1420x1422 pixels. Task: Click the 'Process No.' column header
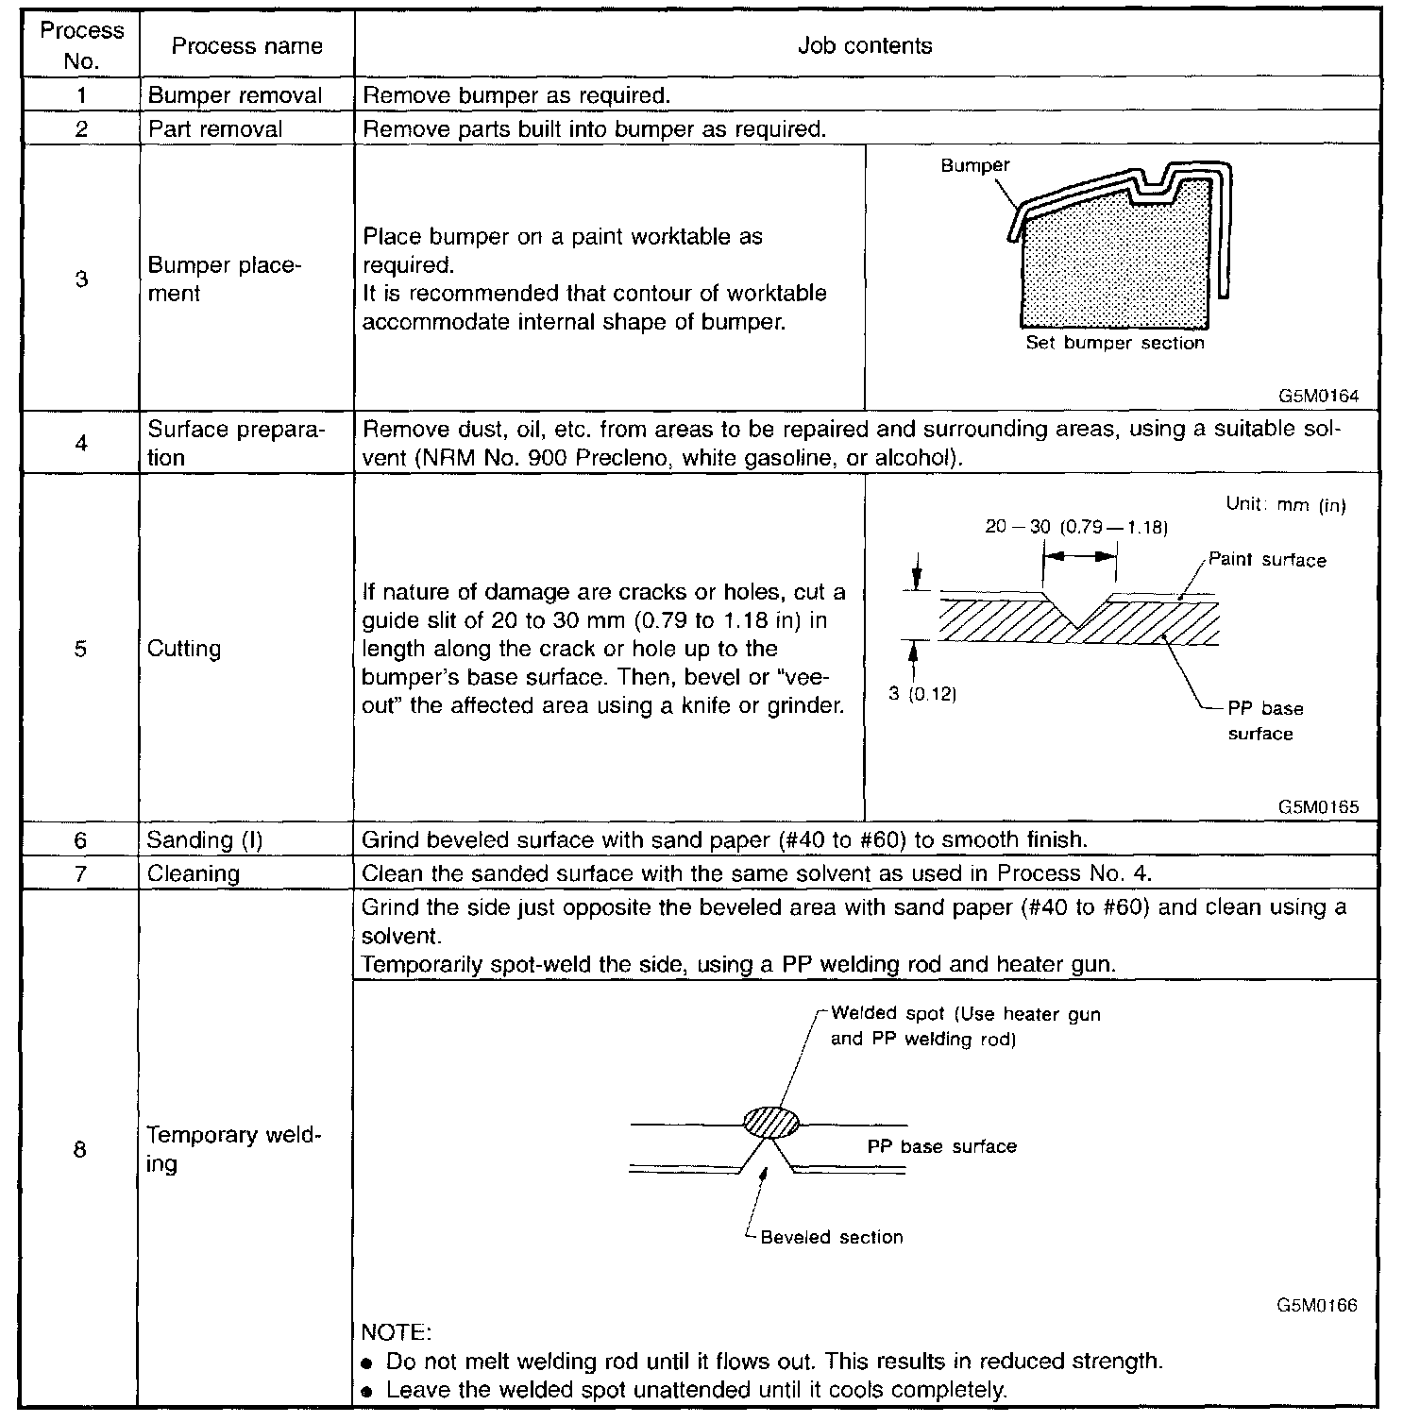[82, 45]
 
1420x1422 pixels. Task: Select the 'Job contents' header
[865, 46]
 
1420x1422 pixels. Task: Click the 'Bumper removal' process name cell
[235, 95]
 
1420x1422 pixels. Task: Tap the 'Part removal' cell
[215, 128]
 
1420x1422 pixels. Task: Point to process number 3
[81, 279]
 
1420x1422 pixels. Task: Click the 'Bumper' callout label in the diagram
[974, 165]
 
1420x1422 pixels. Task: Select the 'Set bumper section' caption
[1115, 343]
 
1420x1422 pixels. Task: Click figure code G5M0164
[1318, 396]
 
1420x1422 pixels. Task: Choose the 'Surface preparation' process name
[235, 443]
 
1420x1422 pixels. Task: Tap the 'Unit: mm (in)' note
[1286, 504]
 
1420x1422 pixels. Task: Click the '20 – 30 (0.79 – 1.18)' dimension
[1076, 527]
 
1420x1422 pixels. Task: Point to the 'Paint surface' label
[1267, 560]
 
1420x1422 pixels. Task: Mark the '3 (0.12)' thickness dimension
[922, 694]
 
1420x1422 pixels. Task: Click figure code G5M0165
[1318, 806]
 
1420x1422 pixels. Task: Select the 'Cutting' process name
[184, 649]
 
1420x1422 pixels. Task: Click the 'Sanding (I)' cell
[205, 839]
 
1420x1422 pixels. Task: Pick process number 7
[81, 873]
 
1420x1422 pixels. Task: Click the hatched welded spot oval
[771, 1122]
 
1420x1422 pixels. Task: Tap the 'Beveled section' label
[831, 1237]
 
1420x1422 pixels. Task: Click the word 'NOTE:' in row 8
[397, 1333]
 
